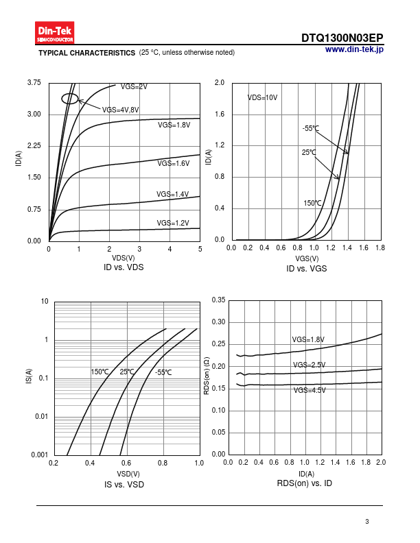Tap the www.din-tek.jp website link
pos(354,49)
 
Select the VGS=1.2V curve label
pos(172,223)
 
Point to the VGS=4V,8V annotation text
pos(120,110)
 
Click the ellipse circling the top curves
pos(70,99)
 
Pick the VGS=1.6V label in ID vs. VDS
pos(173,163)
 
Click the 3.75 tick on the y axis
pos(34,83)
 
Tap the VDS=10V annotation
pos(262,98)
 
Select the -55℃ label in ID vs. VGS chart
pos(310,128)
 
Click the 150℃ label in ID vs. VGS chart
pos(312,203)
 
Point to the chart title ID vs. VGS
pos(306,269)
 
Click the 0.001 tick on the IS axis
pos(39,455)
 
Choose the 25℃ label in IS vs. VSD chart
pos(127,372)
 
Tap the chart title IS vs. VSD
pos(124,485)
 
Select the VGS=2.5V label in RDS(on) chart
pos(309,365)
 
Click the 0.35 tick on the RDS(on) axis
pos(218,300)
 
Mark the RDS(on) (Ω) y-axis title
pos(207,376)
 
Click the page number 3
pos(367,522)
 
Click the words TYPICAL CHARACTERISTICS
pos(86,53)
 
